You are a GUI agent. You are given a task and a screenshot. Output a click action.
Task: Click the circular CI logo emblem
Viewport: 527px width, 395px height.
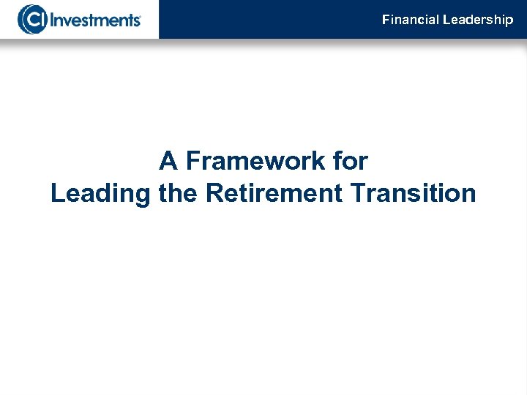click(x=30, y=19)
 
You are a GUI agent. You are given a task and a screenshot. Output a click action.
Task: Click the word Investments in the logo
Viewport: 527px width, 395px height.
click(x=94, y=20)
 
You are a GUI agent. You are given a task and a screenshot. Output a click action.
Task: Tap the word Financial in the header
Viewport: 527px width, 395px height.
click(x=410, y=20)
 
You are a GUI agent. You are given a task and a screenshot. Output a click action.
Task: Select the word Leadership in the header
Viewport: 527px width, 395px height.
click(x=478, y=20)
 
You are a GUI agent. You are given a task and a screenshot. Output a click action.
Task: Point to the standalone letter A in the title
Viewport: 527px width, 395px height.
click(x=168, y=159)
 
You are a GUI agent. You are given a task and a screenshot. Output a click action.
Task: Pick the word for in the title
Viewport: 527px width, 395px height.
click(x=348, y=159)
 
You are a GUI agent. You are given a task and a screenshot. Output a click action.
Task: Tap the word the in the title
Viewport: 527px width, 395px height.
click(x=178, y=193)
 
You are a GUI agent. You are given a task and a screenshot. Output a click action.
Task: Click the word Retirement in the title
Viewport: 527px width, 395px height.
click(x=274, y=193)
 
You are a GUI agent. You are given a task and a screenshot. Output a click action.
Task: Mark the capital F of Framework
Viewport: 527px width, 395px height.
click(x=193, y=159)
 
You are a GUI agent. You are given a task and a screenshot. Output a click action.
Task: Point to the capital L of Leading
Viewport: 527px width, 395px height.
click(x=58, y=193)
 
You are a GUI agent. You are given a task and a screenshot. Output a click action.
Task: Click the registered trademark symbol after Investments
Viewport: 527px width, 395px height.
click(x=140, y=15)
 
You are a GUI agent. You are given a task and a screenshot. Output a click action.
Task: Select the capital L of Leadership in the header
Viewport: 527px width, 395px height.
click(x=446, y=20)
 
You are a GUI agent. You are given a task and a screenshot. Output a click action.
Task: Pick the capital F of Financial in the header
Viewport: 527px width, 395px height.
click(x=386, y=20)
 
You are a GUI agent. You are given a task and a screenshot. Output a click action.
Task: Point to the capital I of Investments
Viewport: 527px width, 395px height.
click(x=51, y=20)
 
